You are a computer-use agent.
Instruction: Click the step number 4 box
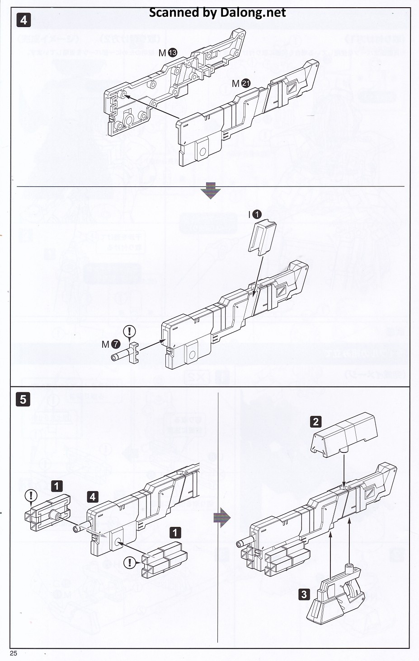24,20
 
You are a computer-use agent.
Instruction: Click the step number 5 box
24,400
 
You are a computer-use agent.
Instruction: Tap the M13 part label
168,53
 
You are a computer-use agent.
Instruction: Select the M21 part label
241,83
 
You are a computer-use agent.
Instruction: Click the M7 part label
111,344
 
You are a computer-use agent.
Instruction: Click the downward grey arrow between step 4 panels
211,191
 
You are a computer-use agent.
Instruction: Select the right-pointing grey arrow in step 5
221,517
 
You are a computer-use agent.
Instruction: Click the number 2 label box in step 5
315,422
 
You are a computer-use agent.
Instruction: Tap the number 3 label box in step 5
304,594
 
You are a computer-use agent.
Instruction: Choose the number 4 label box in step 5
93,497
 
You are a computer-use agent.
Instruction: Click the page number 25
14,653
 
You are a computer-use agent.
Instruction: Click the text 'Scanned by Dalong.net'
217,13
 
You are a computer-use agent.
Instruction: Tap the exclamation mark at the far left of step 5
31,495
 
